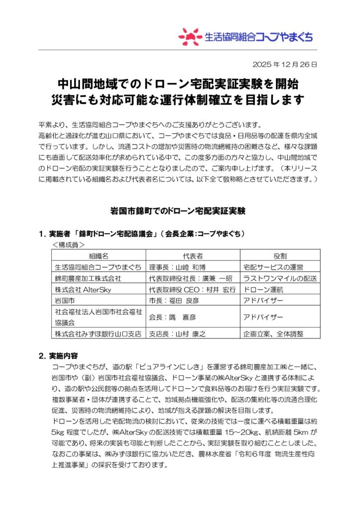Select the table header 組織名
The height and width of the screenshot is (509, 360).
98,255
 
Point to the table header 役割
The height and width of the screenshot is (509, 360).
280,255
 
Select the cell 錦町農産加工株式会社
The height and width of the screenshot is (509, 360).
88,278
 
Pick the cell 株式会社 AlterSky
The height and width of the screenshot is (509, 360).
83,290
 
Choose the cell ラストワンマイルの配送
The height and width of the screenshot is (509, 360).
280,278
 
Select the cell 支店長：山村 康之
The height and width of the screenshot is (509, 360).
178,334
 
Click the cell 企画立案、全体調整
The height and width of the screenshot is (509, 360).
273,334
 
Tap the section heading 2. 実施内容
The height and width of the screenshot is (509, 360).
61,355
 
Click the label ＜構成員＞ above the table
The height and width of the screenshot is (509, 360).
69,245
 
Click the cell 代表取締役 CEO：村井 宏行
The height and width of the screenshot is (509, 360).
192,290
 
